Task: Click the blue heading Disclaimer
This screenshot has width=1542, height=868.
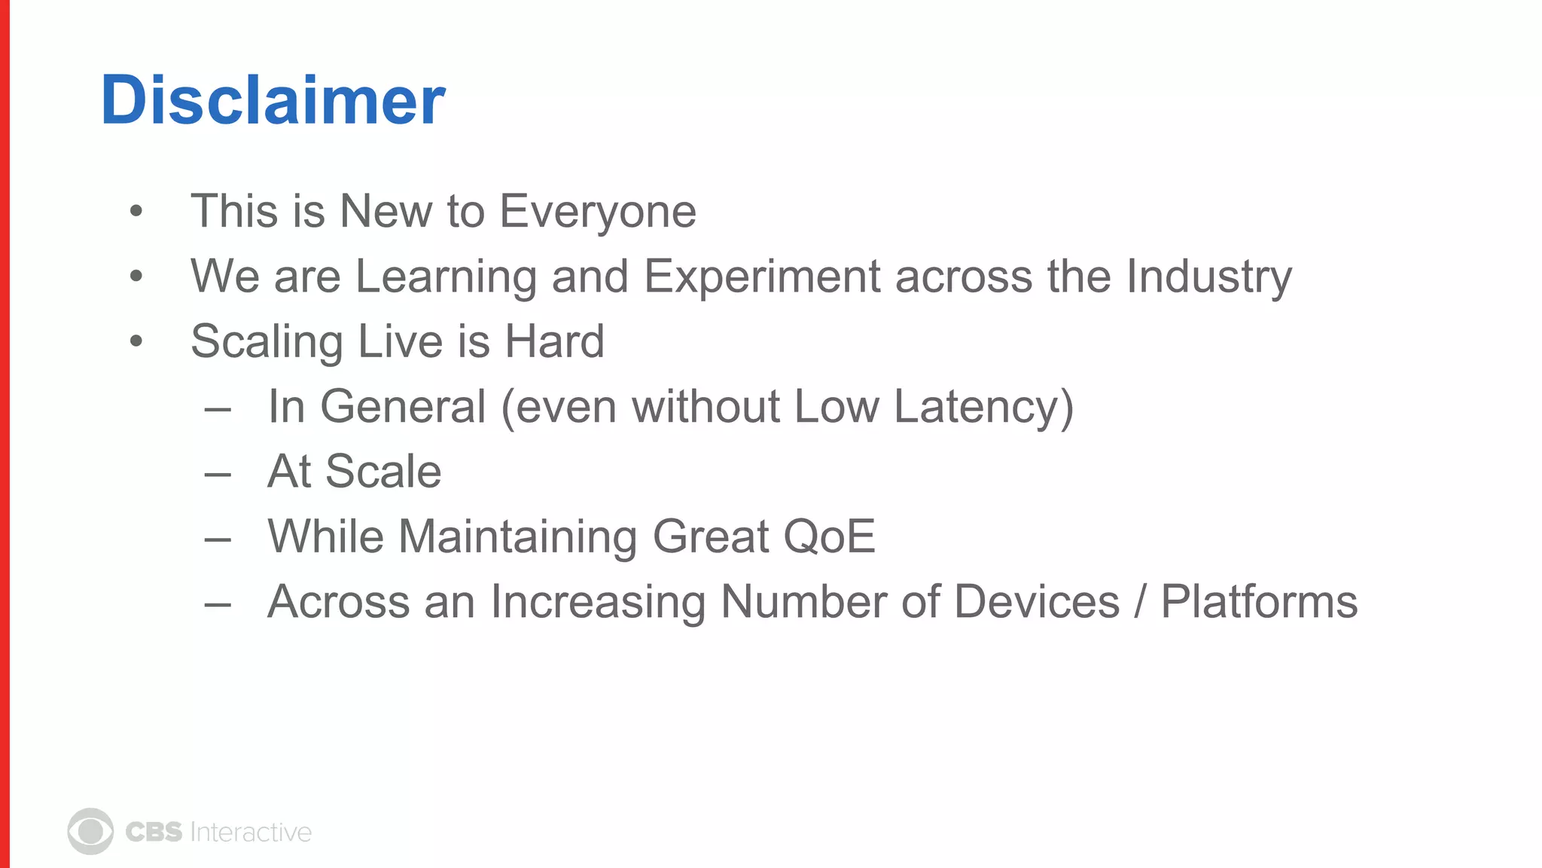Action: (x=273, y=100)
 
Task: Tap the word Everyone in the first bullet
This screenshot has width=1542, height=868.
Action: (x=598, y=211)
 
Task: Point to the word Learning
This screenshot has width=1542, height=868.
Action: (x=446, y=277)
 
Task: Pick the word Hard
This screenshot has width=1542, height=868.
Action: (x=554, y=341)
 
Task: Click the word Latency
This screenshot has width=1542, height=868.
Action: (x=983, y=407)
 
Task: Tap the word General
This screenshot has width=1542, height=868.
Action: (x=403, y=407)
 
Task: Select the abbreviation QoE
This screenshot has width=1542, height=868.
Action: (x=829, y=536)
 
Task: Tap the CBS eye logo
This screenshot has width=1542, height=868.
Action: (x=90, y=832)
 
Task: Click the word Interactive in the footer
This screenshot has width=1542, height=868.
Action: (x=251, y=832)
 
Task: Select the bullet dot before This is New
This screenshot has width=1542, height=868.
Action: (x=136, y=212)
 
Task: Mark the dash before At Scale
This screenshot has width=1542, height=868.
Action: (x=218, y=474)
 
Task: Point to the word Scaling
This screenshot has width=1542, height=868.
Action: (x=267, y=341)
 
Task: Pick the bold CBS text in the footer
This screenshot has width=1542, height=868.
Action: (x=154, y=832)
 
